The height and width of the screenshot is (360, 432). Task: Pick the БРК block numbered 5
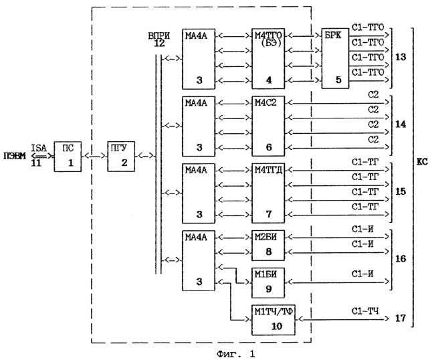[334, 60]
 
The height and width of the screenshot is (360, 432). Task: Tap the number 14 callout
[401, 124]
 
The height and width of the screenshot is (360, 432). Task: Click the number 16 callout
[401, 256]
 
